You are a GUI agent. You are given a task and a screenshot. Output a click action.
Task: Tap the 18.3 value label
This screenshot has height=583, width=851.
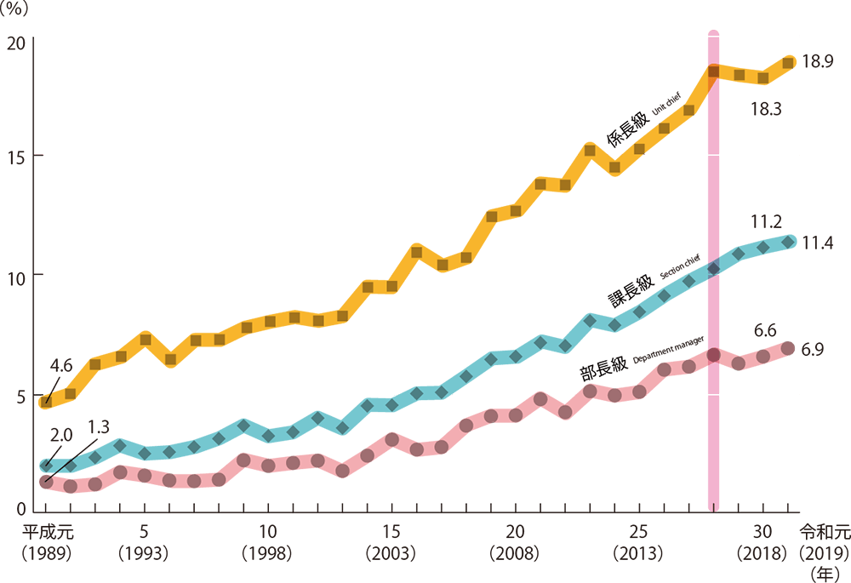point(767,109)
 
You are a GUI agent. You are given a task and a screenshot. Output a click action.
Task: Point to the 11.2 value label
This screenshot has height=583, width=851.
point(765,222)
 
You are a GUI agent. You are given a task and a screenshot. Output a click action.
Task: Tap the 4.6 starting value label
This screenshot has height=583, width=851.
point(61,366)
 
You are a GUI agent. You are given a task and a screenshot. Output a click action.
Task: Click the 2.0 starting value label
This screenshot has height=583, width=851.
point(60,435)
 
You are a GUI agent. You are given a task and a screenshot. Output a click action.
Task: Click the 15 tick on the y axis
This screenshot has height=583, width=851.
point(16,157)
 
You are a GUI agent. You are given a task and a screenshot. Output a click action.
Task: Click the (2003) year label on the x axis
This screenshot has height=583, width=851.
point(391,553)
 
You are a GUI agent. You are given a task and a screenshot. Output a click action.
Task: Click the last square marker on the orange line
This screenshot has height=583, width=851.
point(789,61)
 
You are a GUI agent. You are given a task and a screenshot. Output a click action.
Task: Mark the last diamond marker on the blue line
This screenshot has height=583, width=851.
point(789,243)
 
